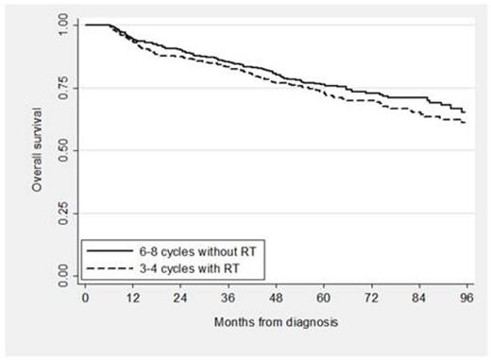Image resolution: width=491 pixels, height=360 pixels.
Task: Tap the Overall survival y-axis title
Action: [x=37, y=151]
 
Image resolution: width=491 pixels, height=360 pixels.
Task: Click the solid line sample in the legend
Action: [x=105, y=249]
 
